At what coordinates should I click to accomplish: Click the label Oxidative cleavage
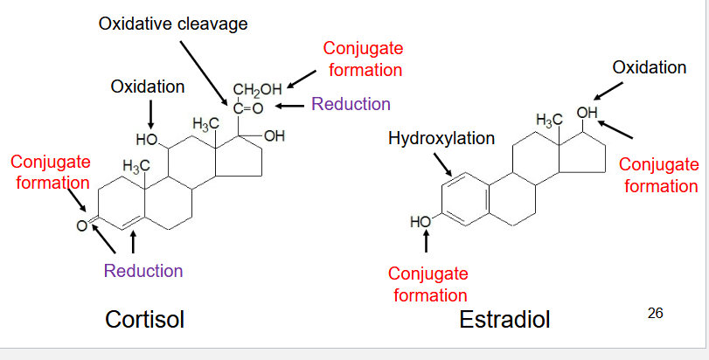point(173,24)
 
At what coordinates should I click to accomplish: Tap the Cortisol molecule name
point(144,319)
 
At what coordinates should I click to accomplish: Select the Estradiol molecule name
point(504,320)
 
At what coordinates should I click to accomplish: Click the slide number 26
point(656,312)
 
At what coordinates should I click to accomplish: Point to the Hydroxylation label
point(441,139)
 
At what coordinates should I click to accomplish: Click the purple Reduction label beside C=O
point(351,105)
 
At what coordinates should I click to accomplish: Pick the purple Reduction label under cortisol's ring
point(143,271)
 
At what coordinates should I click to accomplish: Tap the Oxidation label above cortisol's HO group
point(148,87)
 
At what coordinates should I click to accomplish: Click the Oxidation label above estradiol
point(649,67)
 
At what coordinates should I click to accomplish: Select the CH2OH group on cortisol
point(257,89)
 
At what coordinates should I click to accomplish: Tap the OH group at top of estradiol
point(587,113)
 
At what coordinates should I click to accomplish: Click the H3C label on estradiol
point(549,120)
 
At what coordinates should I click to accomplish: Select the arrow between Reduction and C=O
point(290,106)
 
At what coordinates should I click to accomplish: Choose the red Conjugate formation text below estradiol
point(428,285)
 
